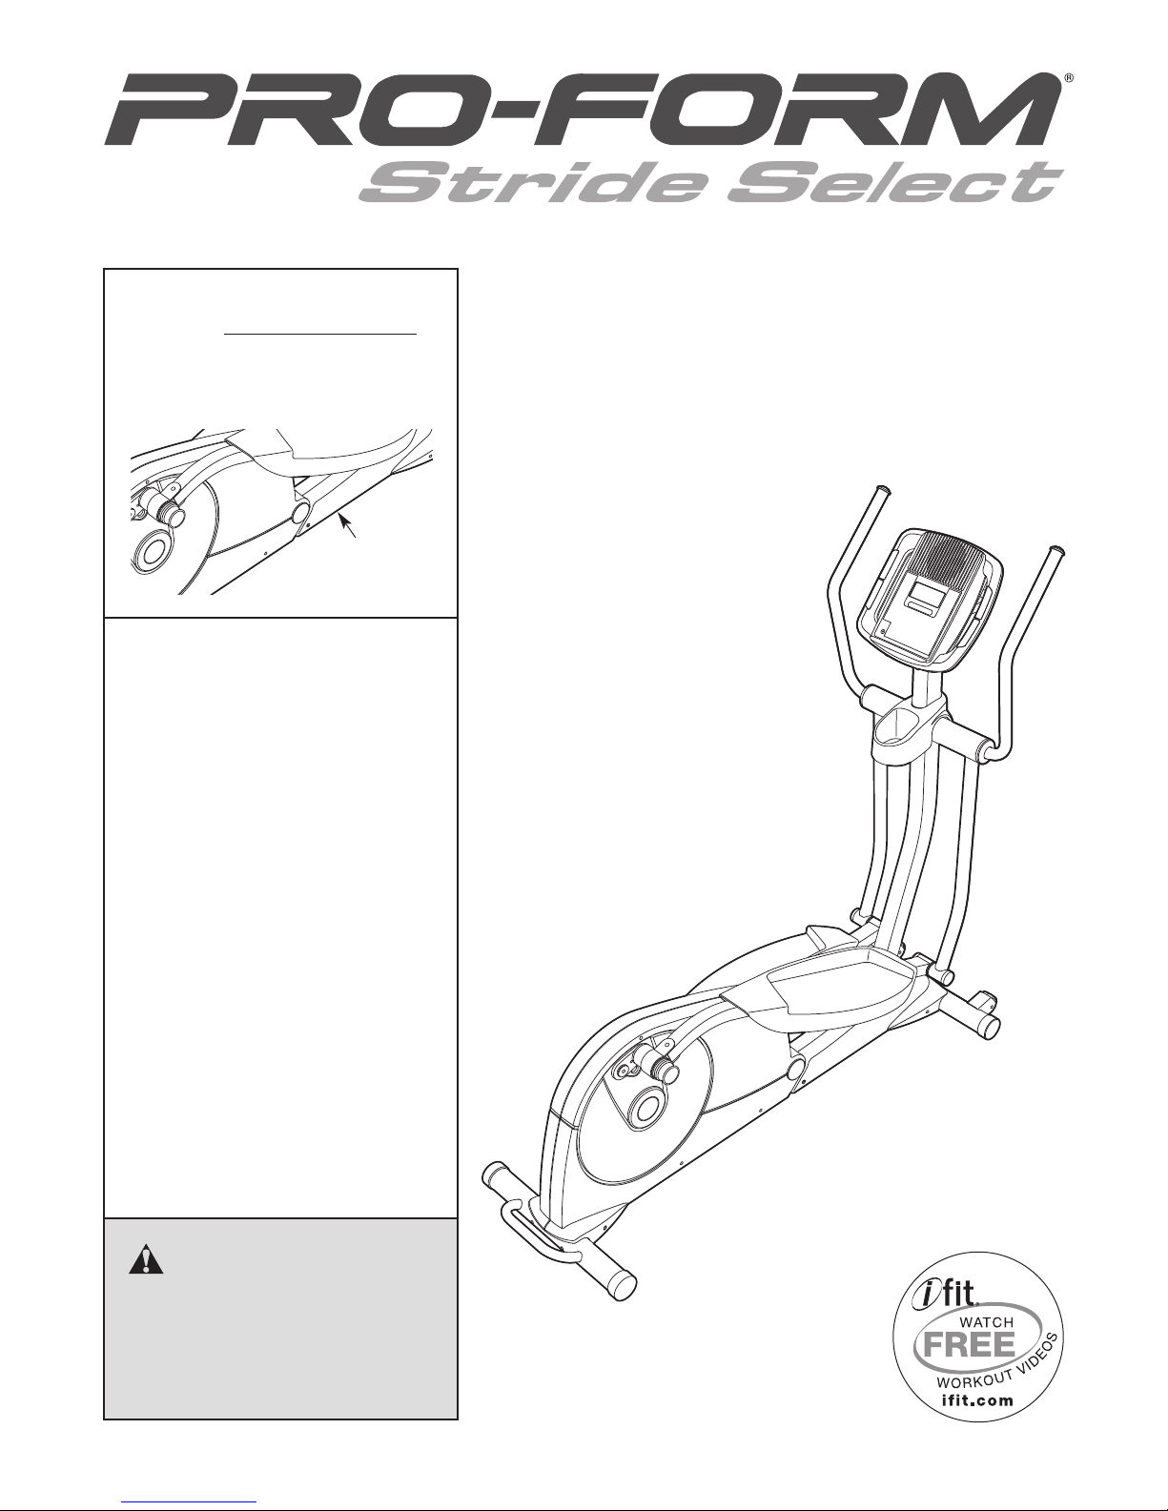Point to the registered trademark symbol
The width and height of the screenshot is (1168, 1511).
click(x=1069, y=78)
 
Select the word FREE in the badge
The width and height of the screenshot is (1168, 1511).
click(x=969, y=1344)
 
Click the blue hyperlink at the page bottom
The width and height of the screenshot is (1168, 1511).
click(x=189, y=1502)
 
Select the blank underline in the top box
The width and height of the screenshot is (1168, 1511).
click(x=320, y=334)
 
